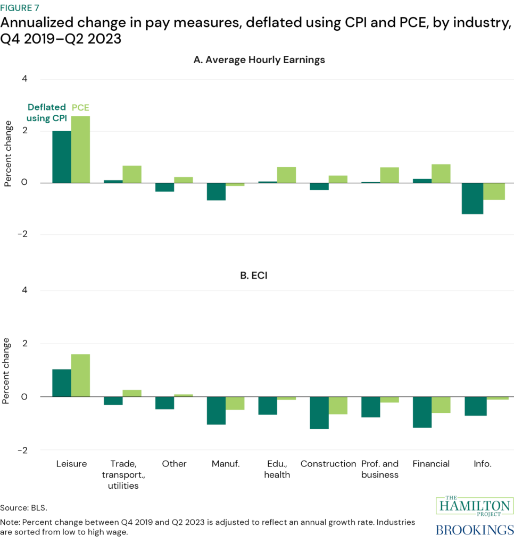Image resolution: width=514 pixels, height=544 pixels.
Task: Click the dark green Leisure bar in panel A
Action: [62, 157]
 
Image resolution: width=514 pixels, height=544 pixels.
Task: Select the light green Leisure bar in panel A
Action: [80, 149]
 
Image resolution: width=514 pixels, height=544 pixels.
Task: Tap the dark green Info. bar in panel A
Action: [472, 198]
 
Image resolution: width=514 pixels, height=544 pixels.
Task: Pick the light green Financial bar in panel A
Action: [441, 174]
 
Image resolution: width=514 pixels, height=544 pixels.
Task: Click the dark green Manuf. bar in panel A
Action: [216, 191]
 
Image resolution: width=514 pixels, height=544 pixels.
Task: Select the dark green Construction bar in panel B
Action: [319, 413]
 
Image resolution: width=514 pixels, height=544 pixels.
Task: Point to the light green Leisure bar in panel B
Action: [80, 375]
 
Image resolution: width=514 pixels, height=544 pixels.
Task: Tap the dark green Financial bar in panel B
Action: [422, 412]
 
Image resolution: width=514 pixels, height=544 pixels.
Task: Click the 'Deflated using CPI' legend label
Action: [47, 113]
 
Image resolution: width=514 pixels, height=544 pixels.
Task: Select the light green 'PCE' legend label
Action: [80, 107]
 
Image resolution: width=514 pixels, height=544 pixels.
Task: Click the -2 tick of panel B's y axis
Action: [22, 450]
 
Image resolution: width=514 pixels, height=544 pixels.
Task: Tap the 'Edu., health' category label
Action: [277, 469]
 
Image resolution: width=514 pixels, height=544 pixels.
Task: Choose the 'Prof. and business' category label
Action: [380, 469]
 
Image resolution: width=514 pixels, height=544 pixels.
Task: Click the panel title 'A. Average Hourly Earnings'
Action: [259, 60]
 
